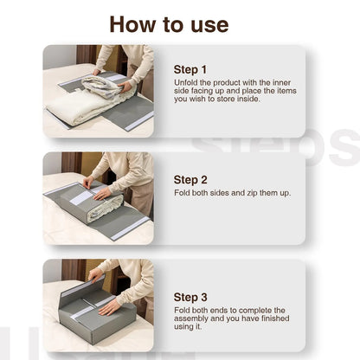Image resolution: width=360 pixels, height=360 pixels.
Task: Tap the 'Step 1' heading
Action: [x=190, y=68]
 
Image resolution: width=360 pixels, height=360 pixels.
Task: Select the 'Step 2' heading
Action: [x=190, y=179]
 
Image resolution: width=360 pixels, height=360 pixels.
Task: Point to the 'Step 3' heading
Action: [x=190, y=295]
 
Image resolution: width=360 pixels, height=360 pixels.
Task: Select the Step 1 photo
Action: [x=98, y=91]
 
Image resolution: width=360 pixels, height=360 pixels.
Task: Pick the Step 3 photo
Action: [x=98, y=305]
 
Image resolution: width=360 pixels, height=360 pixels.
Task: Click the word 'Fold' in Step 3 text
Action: [x=183, y=310]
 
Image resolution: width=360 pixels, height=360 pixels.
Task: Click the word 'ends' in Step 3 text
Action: [x=222, y=310]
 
